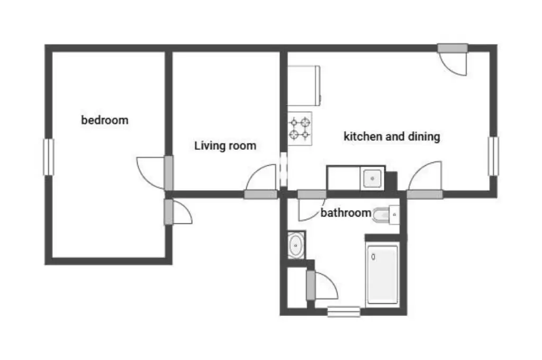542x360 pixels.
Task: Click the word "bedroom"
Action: click(x=105, y=120)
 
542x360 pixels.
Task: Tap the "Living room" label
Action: click(x=225, y=146)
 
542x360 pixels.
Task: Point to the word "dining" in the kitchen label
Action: click(x=424, y=136)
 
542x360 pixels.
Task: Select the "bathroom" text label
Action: click(x=346, y=212)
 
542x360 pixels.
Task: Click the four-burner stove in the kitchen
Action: click(x=300, y=128)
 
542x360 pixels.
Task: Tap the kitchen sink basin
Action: click(x=372, y=178)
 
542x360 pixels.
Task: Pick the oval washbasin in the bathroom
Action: click(x=296, y=245)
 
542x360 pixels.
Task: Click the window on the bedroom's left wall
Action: click(x=48, y=157)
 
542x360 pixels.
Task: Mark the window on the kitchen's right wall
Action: click(x=493, y=156)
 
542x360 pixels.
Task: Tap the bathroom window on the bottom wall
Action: click(x=344, y=312)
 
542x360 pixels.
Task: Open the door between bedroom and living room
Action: click(x=155, y=173)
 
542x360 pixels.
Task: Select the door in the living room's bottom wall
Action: click(x=261, y=182)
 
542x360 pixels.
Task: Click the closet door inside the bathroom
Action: click(x=321, y=286)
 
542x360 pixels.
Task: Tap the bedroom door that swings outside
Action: click(x=178, y=212)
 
